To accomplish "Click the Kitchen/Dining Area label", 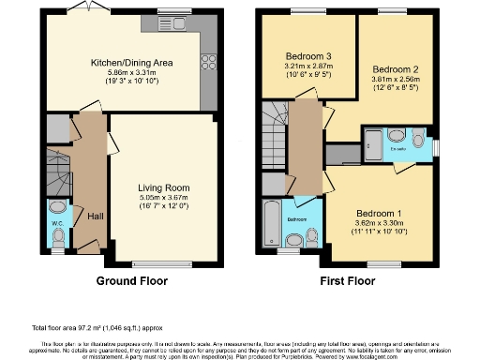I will [x=143, y=63].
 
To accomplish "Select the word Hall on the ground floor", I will [x=96, y=215].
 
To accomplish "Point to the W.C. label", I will [x=55, y=224].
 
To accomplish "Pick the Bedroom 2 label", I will [x=394, y=70].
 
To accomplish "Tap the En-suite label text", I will [x=397, y=148].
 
